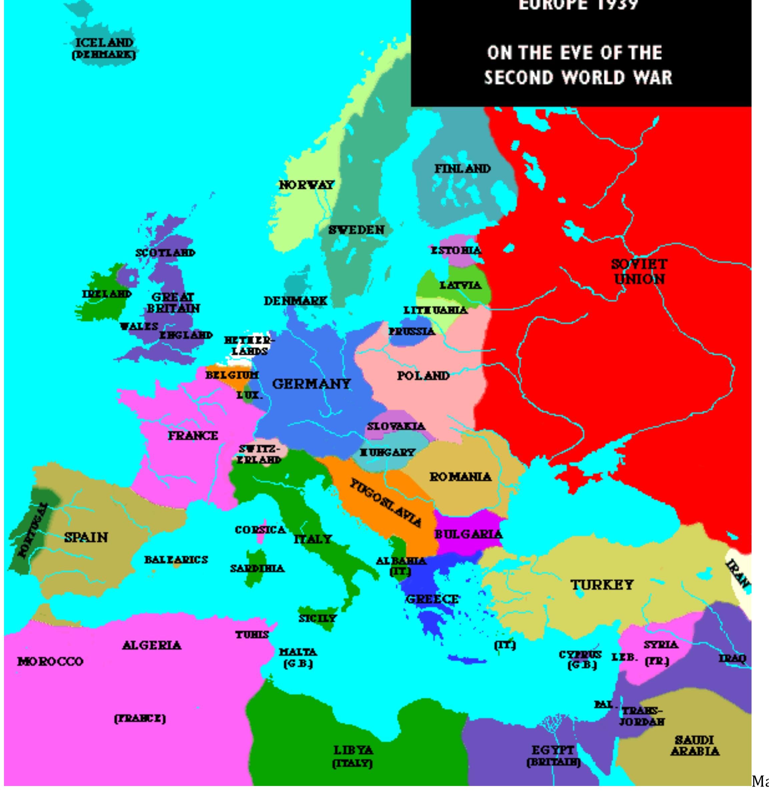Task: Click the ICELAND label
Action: click(104, 43)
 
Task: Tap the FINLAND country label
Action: click(463, 168)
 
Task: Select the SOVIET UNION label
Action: click(640, 272)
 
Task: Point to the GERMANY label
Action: click(311, 384)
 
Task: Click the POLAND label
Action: click(423, 376)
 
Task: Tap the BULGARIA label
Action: click(468, 534)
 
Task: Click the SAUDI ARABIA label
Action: click(694, 745)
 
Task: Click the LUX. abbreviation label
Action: click(249, 395)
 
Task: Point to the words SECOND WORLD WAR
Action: click(578, 77)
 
